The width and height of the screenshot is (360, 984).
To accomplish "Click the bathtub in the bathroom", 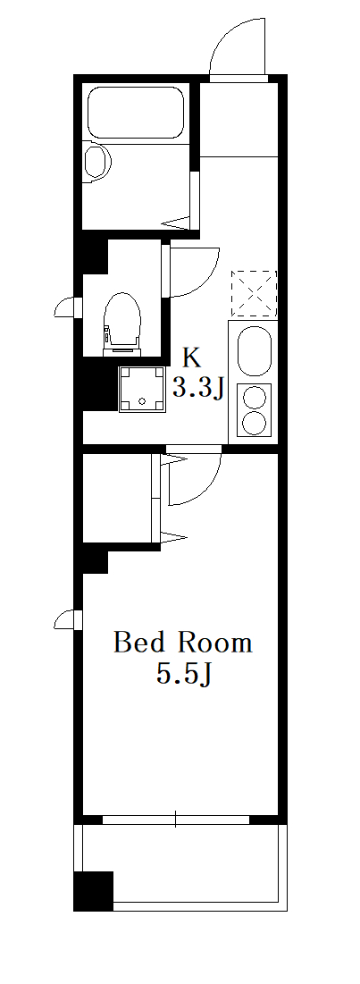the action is (136, 113).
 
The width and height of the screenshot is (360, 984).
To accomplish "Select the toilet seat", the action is (122, 319).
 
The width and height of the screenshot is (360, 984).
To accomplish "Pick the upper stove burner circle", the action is (254, 397).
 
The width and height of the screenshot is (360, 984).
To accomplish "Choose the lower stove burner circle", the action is (254, 423).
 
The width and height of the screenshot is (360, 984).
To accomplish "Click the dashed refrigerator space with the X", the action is (254, 293).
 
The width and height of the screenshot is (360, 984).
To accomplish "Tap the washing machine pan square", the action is (142, 389).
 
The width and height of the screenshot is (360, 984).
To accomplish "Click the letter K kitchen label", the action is (192, 357).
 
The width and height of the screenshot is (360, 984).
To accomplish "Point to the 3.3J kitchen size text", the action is (198, 389).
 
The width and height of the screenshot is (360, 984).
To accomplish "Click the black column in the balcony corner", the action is (94, 890).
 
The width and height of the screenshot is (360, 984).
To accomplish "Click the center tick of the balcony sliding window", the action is (176, 819).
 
